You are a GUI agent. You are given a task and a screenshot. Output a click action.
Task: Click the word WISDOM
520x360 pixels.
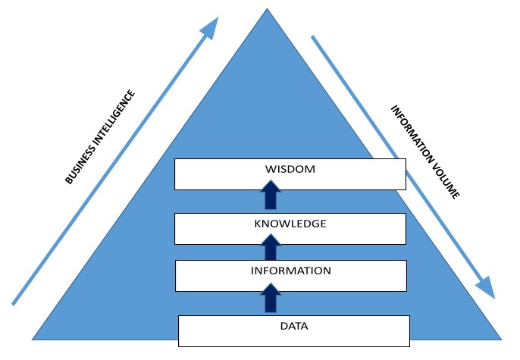(x=290, y=169)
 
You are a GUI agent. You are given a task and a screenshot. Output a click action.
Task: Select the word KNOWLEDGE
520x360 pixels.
(x=290, y=224)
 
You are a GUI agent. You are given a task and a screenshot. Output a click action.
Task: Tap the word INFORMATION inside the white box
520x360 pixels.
(x=291, y=271)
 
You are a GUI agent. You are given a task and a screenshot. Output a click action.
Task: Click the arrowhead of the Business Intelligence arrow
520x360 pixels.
(x=211, y=27)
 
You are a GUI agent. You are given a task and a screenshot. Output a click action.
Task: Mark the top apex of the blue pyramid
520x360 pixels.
(x=268, y=9)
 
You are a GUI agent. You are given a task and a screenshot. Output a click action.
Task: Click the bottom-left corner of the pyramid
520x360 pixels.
(x=33, y=338)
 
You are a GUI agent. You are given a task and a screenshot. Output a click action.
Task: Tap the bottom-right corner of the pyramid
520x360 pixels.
(x=502, y=338)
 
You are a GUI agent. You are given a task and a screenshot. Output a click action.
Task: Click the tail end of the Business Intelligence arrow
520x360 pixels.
(x=14, y=303)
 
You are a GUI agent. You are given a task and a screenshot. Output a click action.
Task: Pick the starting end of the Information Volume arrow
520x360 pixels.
(x=313, y=36)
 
